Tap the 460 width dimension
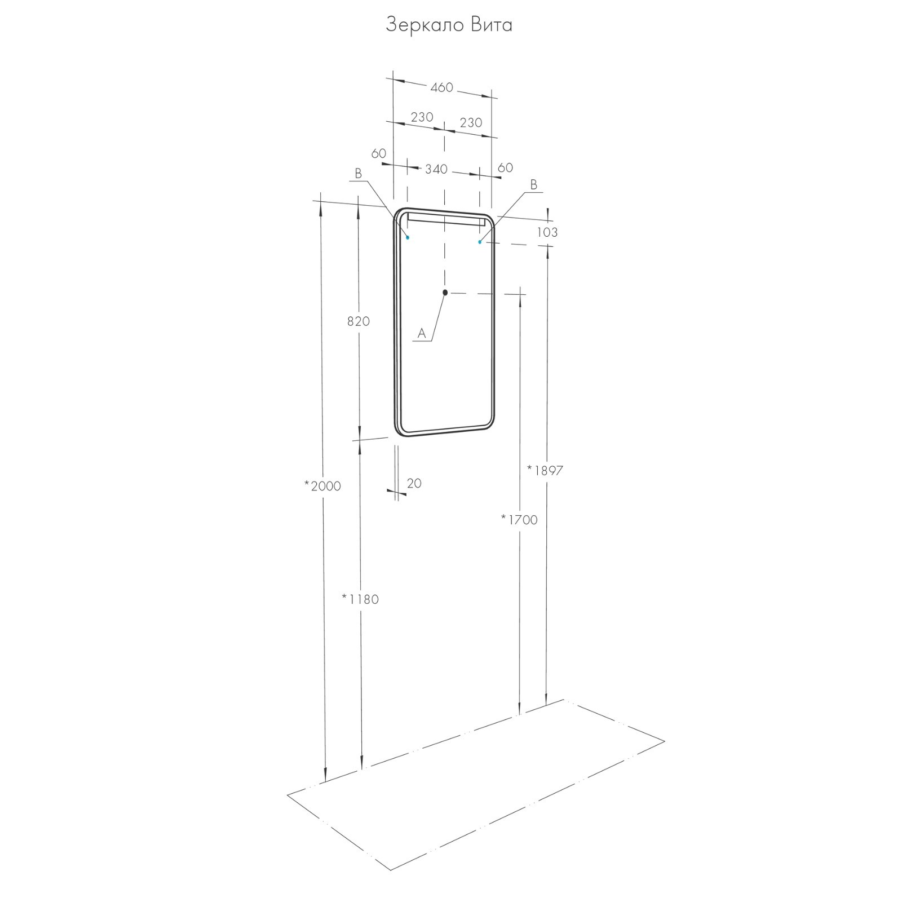pyautogui.click(x=441, y=87)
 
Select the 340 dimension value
pyautogui.click(x=436, y=169)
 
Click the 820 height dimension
pyautogui.click(x=359, y=321)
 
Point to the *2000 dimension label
pyautogui.click(x=322, y=485)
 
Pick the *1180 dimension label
pyautogui.click(x=360, y=599)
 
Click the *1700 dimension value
pyautogui.click(x=519, y=519)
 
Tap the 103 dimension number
pyautogui.click(x=547, y=232)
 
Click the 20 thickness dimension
pyautogui.click(x=414, y=483)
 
